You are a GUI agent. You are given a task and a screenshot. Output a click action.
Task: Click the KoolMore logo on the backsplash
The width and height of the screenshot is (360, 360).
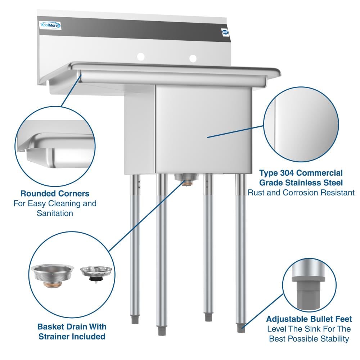pos(50,25)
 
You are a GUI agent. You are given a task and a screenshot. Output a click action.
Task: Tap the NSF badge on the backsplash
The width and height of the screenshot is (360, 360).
pos(225,32)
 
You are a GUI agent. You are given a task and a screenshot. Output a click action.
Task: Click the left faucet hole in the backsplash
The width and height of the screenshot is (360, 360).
pos(140,57)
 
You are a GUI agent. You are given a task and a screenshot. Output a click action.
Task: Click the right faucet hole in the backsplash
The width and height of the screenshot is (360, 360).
pos(193,58)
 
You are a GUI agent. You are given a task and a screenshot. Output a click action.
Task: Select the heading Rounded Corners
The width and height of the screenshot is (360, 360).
pos(55,194)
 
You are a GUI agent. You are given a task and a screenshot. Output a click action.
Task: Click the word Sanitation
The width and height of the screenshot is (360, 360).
pos(55,213)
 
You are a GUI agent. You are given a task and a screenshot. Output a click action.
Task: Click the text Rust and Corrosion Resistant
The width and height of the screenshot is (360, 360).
pos(301,192)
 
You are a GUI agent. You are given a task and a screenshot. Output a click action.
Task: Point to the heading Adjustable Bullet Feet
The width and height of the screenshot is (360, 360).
pos(309,319)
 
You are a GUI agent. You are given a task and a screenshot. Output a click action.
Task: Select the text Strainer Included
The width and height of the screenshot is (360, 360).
pos(72,337)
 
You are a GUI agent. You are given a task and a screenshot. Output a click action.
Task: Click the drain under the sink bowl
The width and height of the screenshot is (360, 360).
pos(186,180)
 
